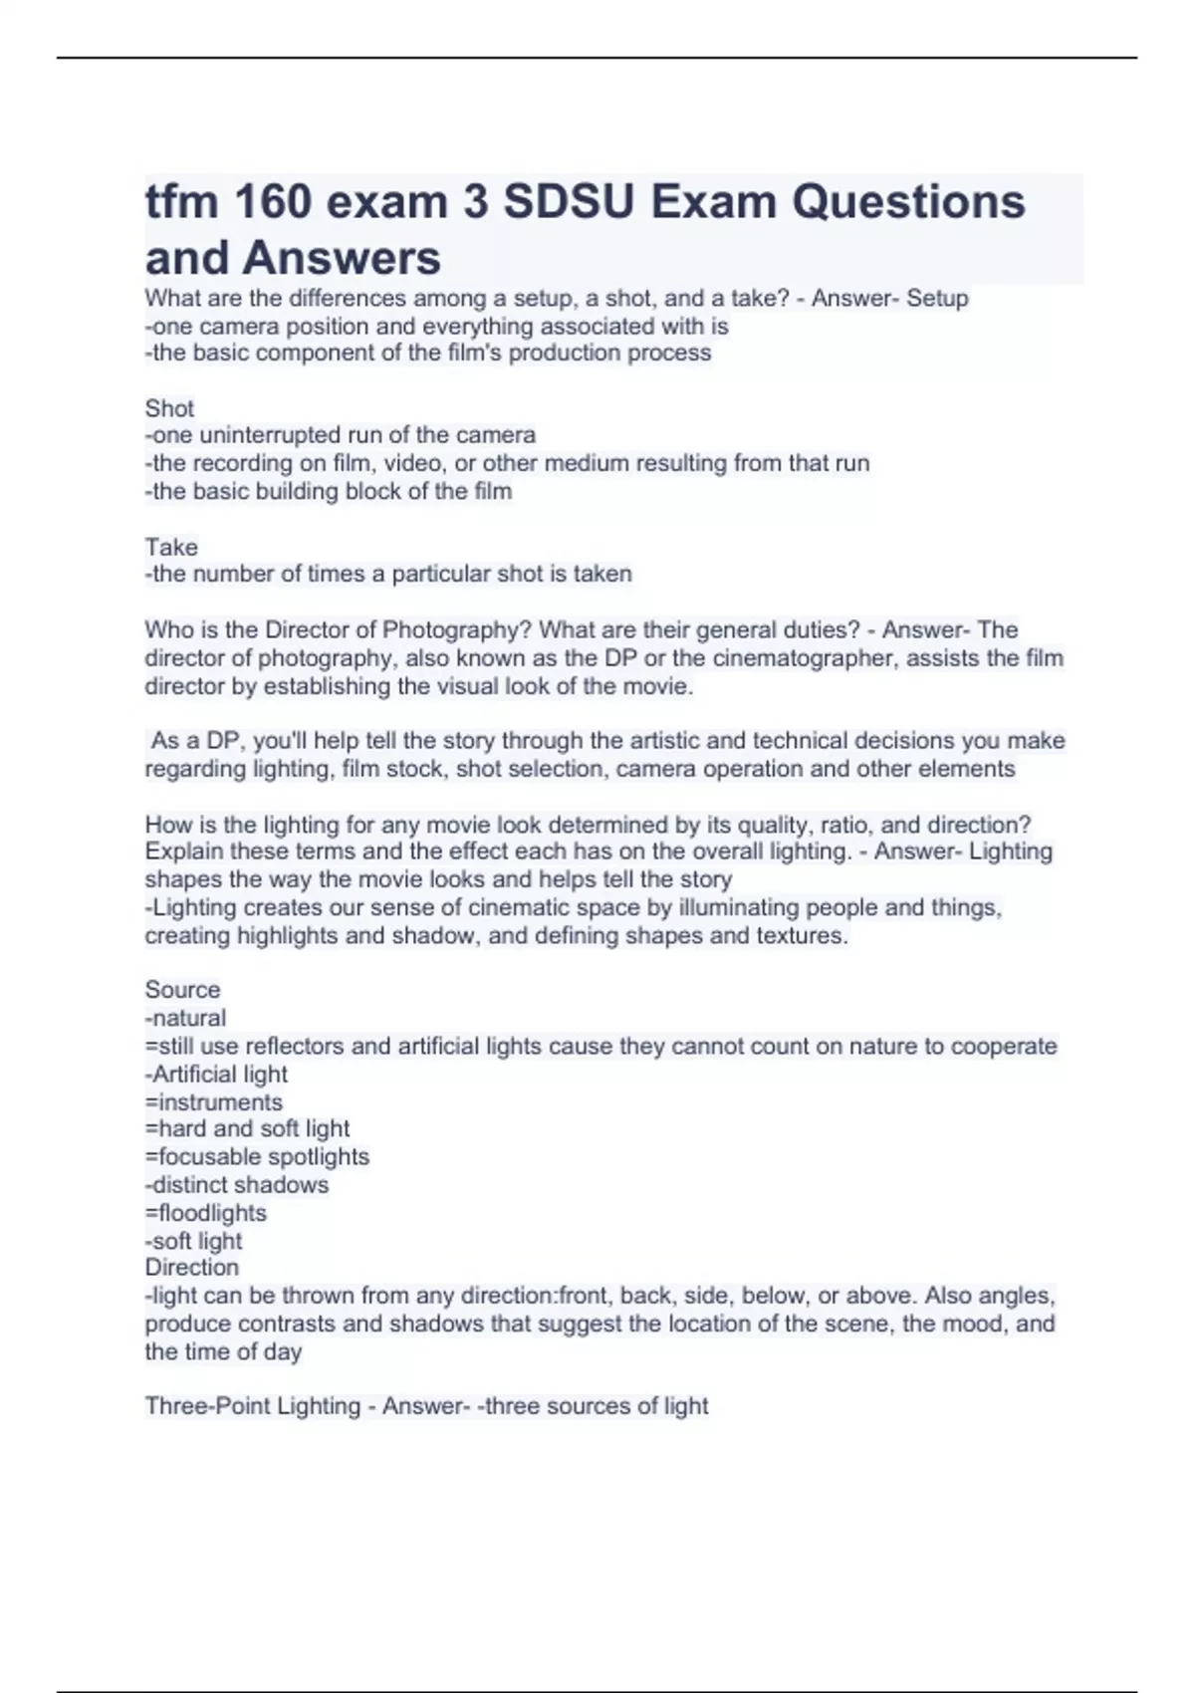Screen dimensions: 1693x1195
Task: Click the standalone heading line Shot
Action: (x=169, y=408)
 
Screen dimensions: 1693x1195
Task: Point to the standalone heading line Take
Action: (x=171, y=547)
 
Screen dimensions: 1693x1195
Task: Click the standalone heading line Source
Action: (x=182, y=990)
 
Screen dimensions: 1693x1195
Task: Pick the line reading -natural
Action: (x=185, y=1018)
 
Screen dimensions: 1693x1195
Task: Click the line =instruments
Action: (x=214, y=1102)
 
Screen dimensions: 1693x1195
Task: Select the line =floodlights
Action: (x=206, y=1213)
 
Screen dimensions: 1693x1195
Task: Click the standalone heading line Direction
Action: (x=192, y=1268)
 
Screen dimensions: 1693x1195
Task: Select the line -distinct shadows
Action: (x=237, y=1185)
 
